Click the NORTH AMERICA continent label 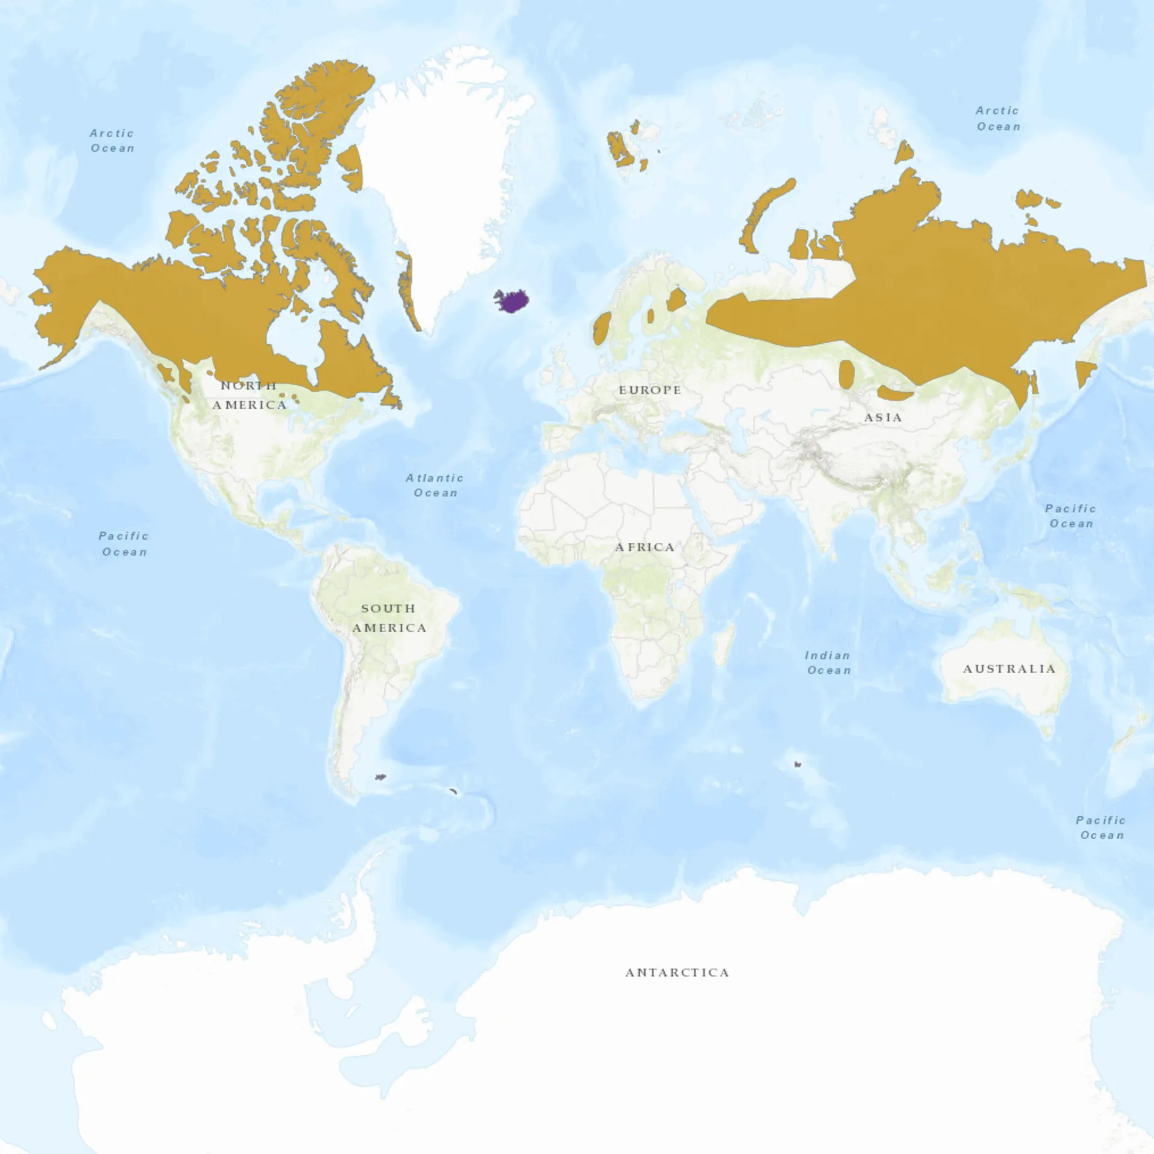pyautogui.click(x=249, y=395)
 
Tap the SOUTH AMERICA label pyautogui.click(x=389, y=618)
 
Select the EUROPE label pyautogui.click(x=650, y=390)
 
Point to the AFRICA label pyautogui.click(x=644, y=547)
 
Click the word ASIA pyautogui.click(x=883, y=417)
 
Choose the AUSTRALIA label pyautogui.click(x=1009, y=669)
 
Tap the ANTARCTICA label pyautogui.click(x=677, y=972)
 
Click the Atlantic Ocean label pyautogui.click(x=435, y=485)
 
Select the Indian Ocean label pyautogui.click(x=828, y=662)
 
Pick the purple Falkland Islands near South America pyautogui.click(x=380, y=777)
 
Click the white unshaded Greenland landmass pyautogui.click(x=445, y=180)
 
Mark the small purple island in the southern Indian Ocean pyautogui.click(x=798, y=765)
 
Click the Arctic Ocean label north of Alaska pyautogui.click(x=112, y=141)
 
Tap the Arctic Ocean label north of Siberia pyautogui.click(x=998, y=118)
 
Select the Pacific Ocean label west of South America pyautogui.click(x=124, y=543)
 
